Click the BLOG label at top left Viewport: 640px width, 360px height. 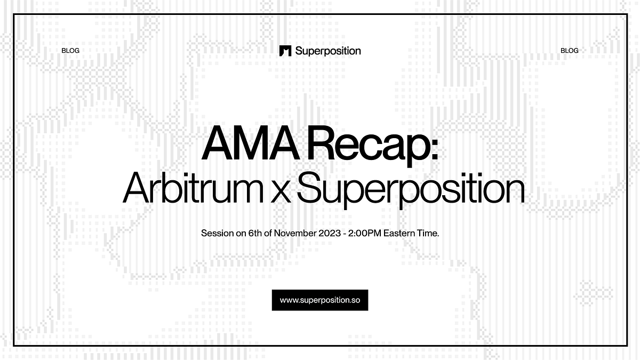(70, 51)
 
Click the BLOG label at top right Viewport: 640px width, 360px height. (569, 51)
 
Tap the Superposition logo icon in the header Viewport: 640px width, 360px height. (285, 51)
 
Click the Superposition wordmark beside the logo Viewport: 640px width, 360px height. (327, 51)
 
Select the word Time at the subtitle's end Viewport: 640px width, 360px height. (429, 234)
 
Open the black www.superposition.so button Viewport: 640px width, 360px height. (320, 300)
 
